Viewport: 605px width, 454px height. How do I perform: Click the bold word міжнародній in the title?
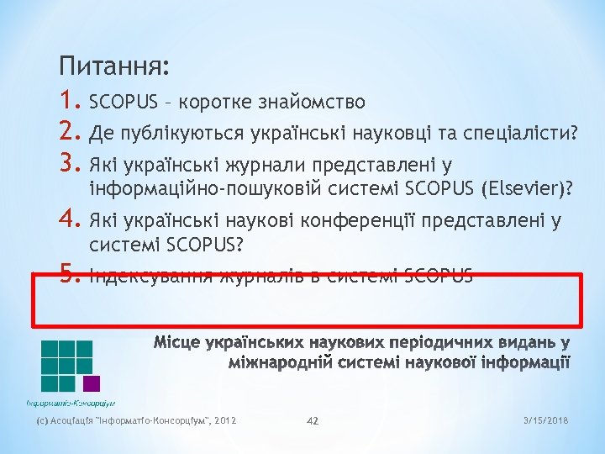287,363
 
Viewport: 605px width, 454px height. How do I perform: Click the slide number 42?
313,420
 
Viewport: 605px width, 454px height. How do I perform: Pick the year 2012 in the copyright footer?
225,420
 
